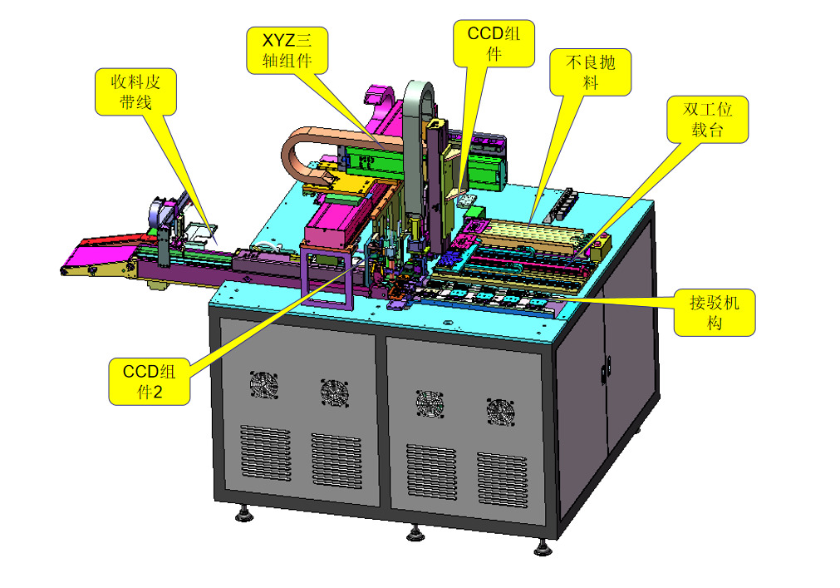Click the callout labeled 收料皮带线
point(135,91)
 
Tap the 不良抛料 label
point(590,72)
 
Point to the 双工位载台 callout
point(708,119)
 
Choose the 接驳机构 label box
point(714,313)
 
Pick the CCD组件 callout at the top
point(494,43)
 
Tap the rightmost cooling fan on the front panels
point(500,413)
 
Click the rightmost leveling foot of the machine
point(544,547)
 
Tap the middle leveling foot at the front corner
point(414,531)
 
